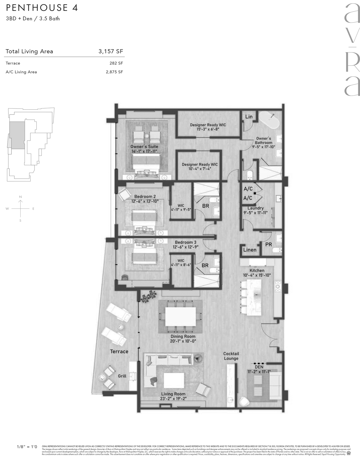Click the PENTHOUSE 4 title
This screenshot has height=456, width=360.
(42, 8)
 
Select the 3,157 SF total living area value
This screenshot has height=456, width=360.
(111, 51)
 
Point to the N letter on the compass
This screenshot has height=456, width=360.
(20, 197)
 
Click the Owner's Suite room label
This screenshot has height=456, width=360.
(144, 147)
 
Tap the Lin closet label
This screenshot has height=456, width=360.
(249, 117)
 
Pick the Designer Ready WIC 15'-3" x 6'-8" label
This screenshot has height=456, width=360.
(208, 125)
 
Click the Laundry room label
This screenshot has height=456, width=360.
(256, 208)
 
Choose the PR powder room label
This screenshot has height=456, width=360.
(268, 244)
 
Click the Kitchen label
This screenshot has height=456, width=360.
(257, 270)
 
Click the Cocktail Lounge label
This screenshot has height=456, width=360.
(231, 356)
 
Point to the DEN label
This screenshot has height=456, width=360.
(259, 367)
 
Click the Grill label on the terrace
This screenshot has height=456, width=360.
(122, 376)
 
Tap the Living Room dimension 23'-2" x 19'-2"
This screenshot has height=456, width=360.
(173, 399)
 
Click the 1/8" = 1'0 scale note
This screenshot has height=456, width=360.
(27, 446)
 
